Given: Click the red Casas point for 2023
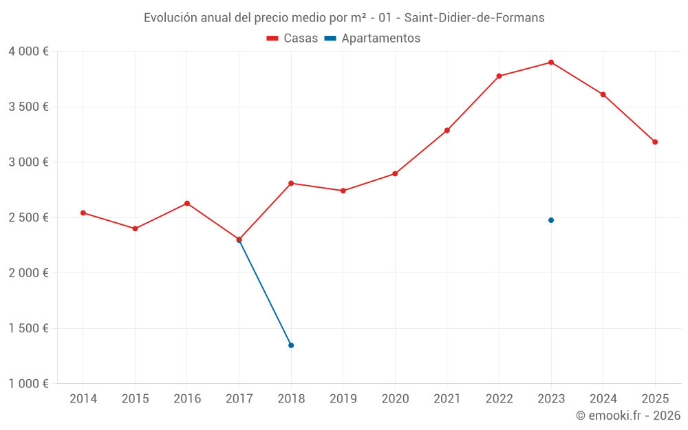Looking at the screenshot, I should [x=551, y=63].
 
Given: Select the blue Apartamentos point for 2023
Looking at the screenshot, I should [x=551, y=220].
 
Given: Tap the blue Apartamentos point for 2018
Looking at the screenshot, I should [x=291, y=345].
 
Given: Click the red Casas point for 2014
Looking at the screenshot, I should [x=83, y=213].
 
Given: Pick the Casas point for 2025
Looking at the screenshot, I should [x=655, y=142].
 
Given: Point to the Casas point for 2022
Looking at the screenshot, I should [x=499, y=76].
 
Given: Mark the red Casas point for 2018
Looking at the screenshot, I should [x=291, y=183].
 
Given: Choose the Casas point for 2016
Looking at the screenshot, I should [x=187, y=204].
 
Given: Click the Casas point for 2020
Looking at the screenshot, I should [x=395, y=173].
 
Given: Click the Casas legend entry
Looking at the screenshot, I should [x=292, y=39].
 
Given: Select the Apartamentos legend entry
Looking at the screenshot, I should [x=372, y=39].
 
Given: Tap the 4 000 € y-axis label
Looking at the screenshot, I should [x=28, y=52].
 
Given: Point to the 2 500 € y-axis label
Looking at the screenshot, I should [x=28, y=217].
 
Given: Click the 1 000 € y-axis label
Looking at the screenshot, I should [x=28, y=384].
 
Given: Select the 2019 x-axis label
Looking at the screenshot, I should [x=343, y=399].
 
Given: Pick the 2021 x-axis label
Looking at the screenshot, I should [x=447, y=399].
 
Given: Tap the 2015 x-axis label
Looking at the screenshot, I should [x=135, y=399].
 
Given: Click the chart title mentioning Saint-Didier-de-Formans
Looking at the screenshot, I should [x=344, y=18].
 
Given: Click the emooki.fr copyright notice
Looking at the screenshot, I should [x=627, y=416].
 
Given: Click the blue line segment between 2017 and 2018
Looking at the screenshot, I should [x=265, y=292].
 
